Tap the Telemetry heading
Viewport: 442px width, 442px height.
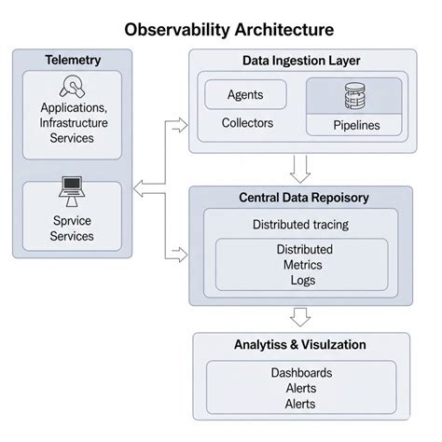click(x=73, y=61)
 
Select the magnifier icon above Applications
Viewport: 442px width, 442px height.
click(x=73, y=87)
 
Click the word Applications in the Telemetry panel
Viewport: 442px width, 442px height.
click(x=73, y=109)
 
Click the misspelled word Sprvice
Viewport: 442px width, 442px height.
click(x=73, y=222)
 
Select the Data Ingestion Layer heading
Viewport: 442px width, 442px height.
click(x=300, y=61)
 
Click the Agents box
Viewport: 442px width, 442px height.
click(x=244, y=95)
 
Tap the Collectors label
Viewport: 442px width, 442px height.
click(x=247, y=122)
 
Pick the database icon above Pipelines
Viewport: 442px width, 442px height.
click(x=353, y=95)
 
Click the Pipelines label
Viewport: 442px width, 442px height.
click(x=354, y=125)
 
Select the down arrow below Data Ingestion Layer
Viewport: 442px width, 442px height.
click(x=299, y=168)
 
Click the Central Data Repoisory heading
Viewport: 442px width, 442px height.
click(x=304, y=198)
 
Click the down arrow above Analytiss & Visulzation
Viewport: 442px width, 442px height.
click(x=299, y=317)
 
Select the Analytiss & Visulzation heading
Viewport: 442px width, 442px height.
click(x=299, y=345)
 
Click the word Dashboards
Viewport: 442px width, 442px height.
click(x=301, y=373)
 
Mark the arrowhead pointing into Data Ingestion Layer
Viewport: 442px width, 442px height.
click(x=183, y=120)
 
